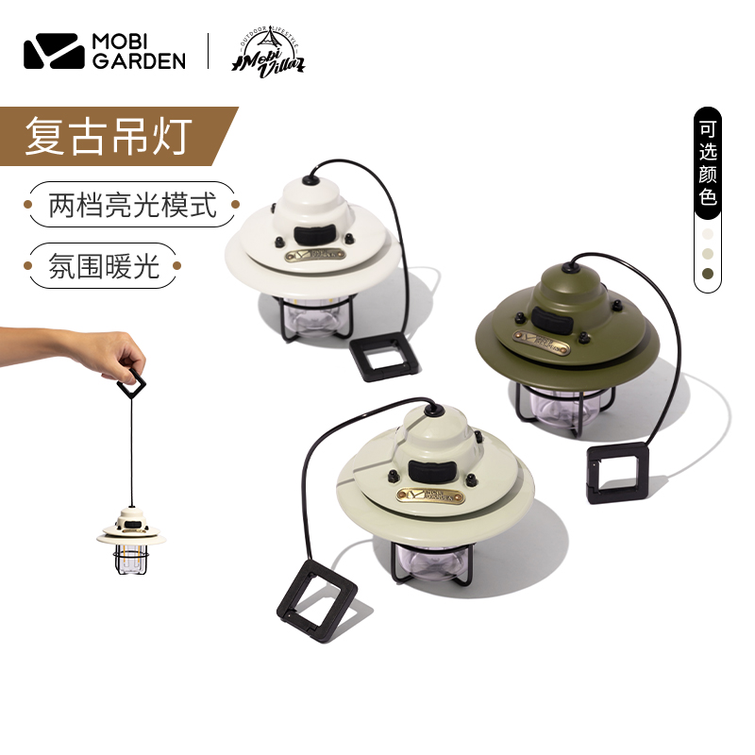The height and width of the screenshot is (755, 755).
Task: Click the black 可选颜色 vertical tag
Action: [708, 164]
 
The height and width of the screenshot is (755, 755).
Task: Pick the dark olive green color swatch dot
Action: [708, 274]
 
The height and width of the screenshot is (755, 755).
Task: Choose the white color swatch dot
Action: [708, 232]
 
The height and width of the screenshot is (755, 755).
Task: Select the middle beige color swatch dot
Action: [708, 253]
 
